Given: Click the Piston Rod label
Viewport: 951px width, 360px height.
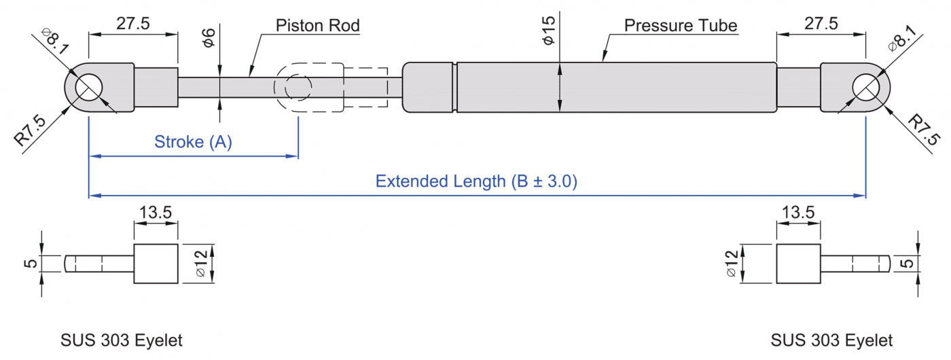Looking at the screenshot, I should (x=317, y=26).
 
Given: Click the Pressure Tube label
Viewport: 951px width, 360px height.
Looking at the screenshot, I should (x=681, y=26).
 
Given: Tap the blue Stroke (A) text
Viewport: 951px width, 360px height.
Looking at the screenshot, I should (x=193, y=142).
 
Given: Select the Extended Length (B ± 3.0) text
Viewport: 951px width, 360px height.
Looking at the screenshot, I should (x=476, y=181).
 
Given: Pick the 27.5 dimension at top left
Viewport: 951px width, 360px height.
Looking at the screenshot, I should (x=133, y=24).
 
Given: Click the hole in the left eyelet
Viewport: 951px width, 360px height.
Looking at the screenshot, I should (x=88, y=88).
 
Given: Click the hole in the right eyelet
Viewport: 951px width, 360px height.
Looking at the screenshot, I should (x=865, y=88).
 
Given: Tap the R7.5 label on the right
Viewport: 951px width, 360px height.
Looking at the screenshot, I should (x=924, y=130).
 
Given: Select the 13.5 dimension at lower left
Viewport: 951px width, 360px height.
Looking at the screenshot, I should (x=156, y=213).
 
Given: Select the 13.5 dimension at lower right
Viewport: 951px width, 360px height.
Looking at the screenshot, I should (x=798, y=213).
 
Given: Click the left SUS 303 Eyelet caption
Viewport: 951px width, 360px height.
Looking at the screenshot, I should (x=122, y=340).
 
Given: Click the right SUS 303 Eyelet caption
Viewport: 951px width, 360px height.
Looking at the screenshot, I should (x=832, y=340).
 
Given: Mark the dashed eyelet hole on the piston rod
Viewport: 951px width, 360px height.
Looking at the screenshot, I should (x=298, y=88).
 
